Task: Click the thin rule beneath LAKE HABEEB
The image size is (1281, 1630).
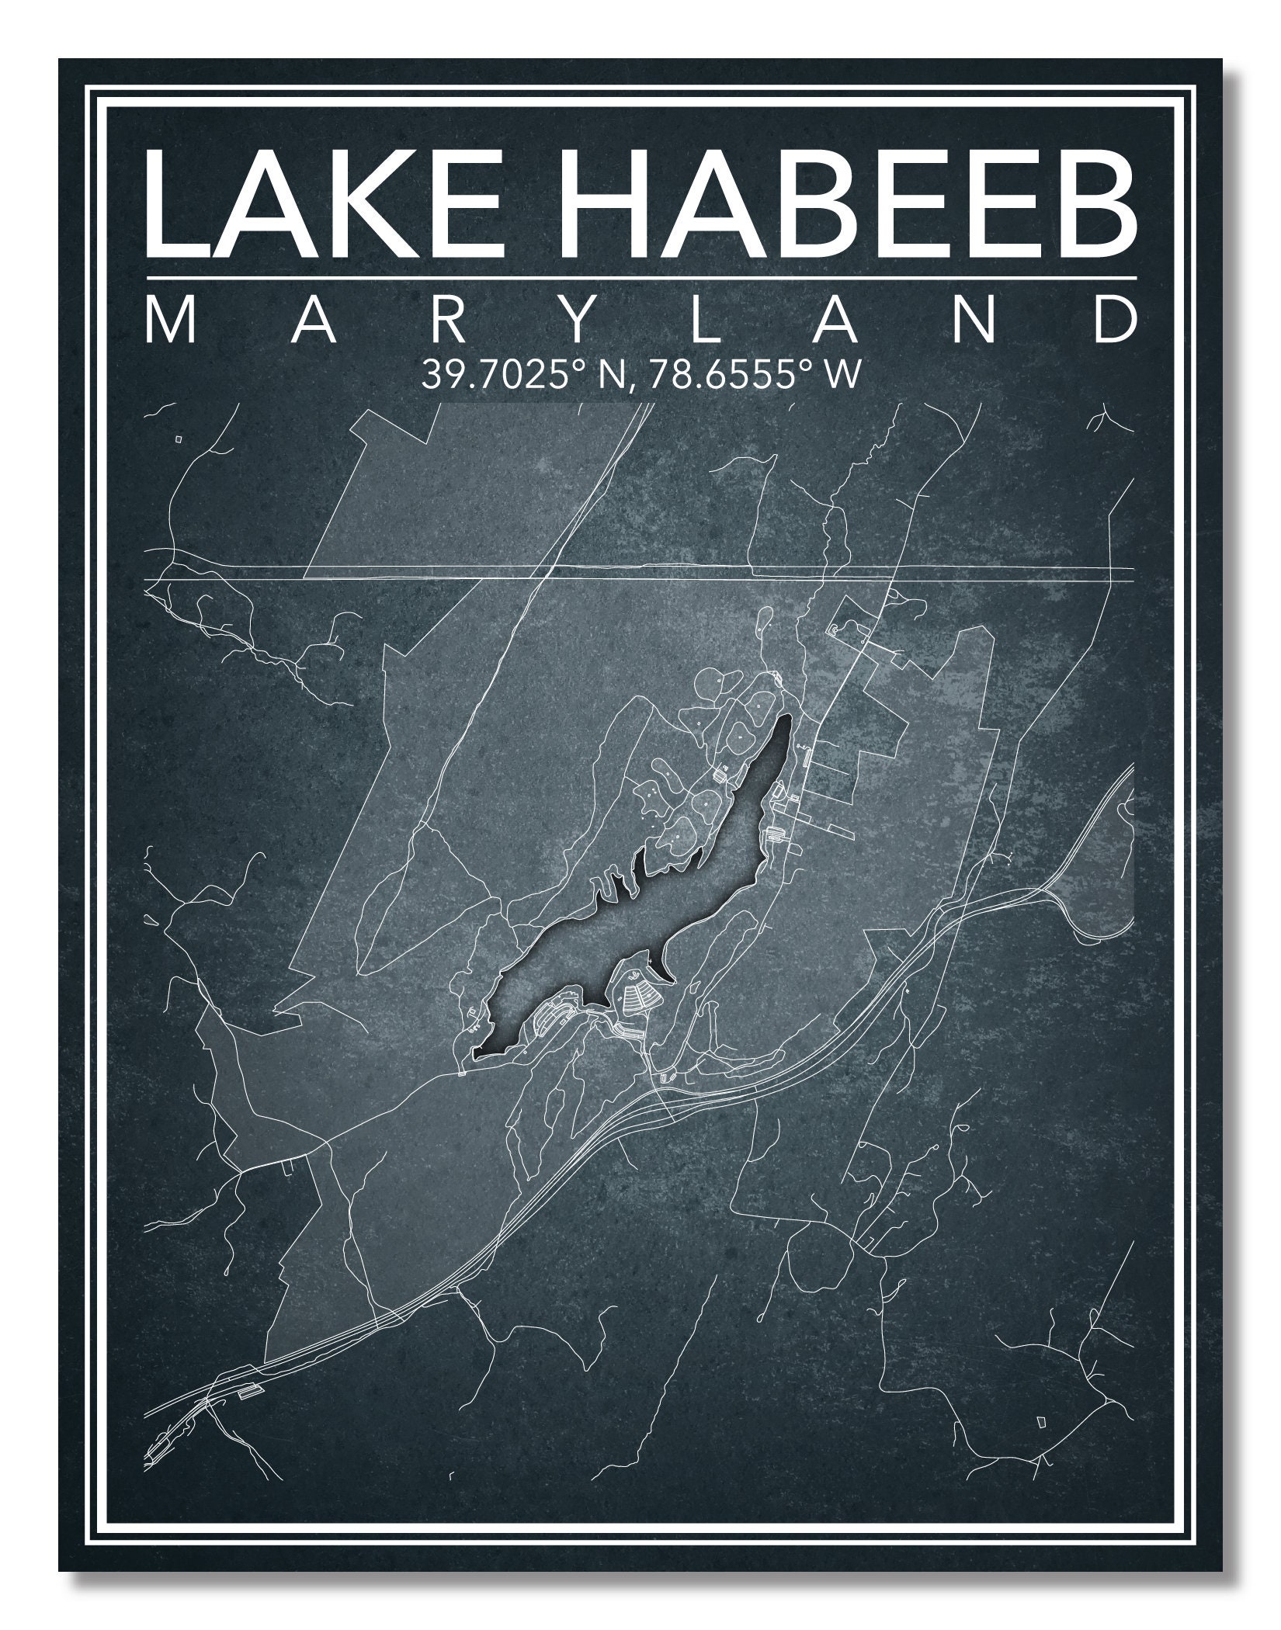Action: [x=640, y=277]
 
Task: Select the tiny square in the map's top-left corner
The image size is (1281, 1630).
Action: [x=179, y=439]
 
